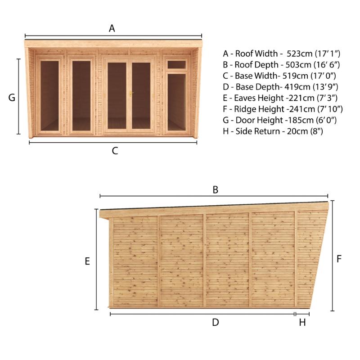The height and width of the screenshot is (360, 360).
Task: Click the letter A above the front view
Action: coord(112,28)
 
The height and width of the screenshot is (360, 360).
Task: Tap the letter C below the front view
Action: coord(115,151)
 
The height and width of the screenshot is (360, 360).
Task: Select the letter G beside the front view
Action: coord(12,97)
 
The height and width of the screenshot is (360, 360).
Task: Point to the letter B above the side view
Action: coord(215,190)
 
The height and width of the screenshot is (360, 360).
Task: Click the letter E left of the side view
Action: coord(88,261)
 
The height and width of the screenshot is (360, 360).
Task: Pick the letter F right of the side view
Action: coord(339,259)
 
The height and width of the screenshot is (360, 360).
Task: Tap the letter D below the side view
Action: coord(215,322)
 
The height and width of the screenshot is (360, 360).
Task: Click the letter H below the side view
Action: coord(302,322)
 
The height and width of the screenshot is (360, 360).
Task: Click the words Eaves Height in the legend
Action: coord(261,98)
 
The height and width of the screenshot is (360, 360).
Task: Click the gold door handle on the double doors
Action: coord(131,94)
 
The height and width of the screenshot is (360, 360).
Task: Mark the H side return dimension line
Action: coord(302,314)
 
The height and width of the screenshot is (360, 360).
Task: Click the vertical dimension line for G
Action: coord(19,96)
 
